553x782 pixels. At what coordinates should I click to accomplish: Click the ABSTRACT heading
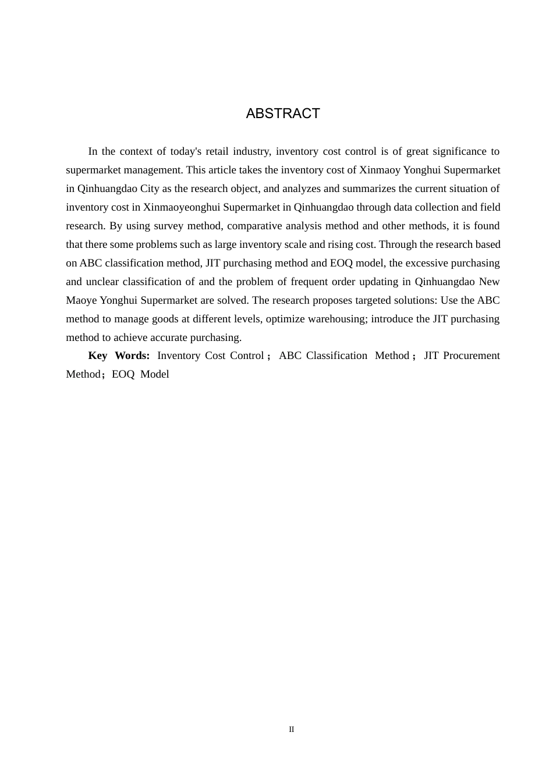point(283,113)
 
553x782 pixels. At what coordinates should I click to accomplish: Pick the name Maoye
point(81,300)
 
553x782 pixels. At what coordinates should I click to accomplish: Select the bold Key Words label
point(119,356)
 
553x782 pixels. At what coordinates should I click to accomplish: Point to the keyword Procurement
point(472,356)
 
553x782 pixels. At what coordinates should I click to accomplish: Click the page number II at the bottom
point(292,730)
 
